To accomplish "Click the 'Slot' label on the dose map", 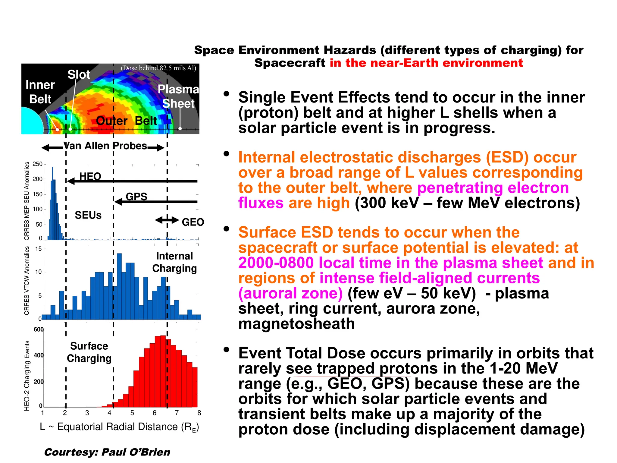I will tap(79, 74).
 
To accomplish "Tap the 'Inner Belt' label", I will tap(40, 92).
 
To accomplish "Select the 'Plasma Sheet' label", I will tap(178, 96).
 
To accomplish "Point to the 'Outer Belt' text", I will tap(126, 121).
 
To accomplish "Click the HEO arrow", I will tap(133, 181).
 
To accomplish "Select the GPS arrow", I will tap(157, 202).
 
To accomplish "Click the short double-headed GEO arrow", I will tap(167, 220).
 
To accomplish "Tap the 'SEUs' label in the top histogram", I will tap(88, 215).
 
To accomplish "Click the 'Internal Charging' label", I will tap(174, 262).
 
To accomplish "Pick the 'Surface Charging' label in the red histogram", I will tap(89, 352).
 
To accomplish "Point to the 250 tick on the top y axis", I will tap(38, 164).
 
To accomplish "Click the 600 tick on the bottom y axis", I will tap(39, 329).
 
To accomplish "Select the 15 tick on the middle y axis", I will tap(39, 249).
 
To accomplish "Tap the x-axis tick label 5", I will tap(132, 413).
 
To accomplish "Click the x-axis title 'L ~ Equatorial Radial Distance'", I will tap(119, 427).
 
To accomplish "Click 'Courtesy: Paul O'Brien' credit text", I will tap(107, 452).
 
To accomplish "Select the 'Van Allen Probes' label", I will tap(105, 146).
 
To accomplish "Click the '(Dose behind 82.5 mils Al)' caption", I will tap(158, 68).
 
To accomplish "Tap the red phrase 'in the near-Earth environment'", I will tap(426, 63).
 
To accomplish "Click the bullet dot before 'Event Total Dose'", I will tap(226, 350).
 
